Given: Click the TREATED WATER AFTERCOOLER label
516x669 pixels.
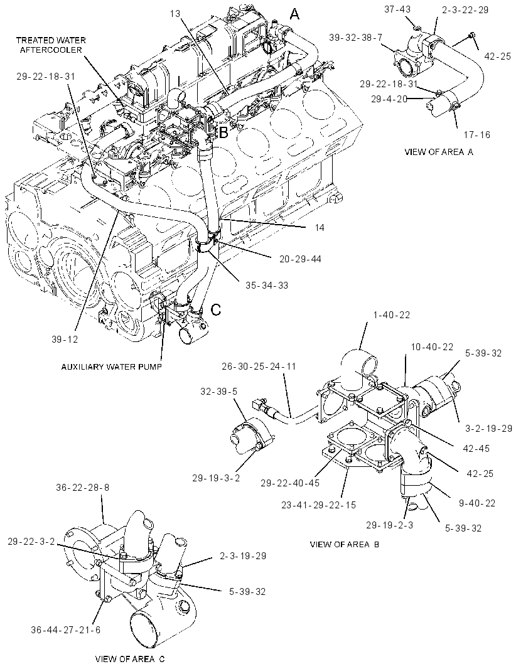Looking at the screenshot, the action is click(51, 45).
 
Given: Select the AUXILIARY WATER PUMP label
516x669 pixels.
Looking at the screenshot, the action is click(111, 367).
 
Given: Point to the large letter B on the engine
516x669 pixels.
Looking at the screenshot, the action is click(223, 133).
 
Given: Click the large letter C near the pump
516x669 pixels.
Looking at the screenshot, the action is click(217, 309).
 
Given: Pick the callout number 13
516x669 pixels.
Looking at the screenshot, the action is click(175, 13).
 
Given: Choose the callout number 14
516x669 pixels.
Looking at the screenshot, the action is click(320, 227).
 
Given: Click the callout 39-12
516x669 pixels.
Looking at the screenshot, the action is click(65, 339).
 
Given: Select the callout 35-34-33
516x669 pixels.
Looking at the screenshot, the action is click(267, 285).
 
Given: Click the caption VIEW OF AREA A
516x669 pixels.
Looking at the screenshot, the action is click(439, 151).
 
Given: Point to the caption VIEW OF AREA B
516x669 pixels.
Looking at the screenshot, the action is click(345, 544).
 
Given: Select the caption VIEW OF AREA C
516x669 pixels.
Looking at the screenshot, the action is click(130, 659).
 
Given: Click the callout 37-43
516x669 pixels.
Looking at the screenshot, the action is click(397, 9).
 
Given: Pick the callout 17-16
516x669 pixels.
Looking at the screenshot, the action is click(477, 134).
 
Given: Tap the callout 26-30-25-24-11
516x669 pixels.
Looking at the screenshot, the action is click(259, 366).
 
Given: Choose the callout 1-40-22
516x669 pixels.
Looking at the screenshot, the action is click(391, 314).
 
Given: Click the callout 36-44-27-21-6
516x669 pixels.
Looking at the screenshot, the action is click(66, 629).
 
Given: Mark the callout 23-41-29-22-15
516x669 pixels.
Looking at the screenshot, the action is click(318, 505).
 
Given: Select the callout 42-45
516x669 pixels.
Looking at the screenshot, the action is click(476, 449).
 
